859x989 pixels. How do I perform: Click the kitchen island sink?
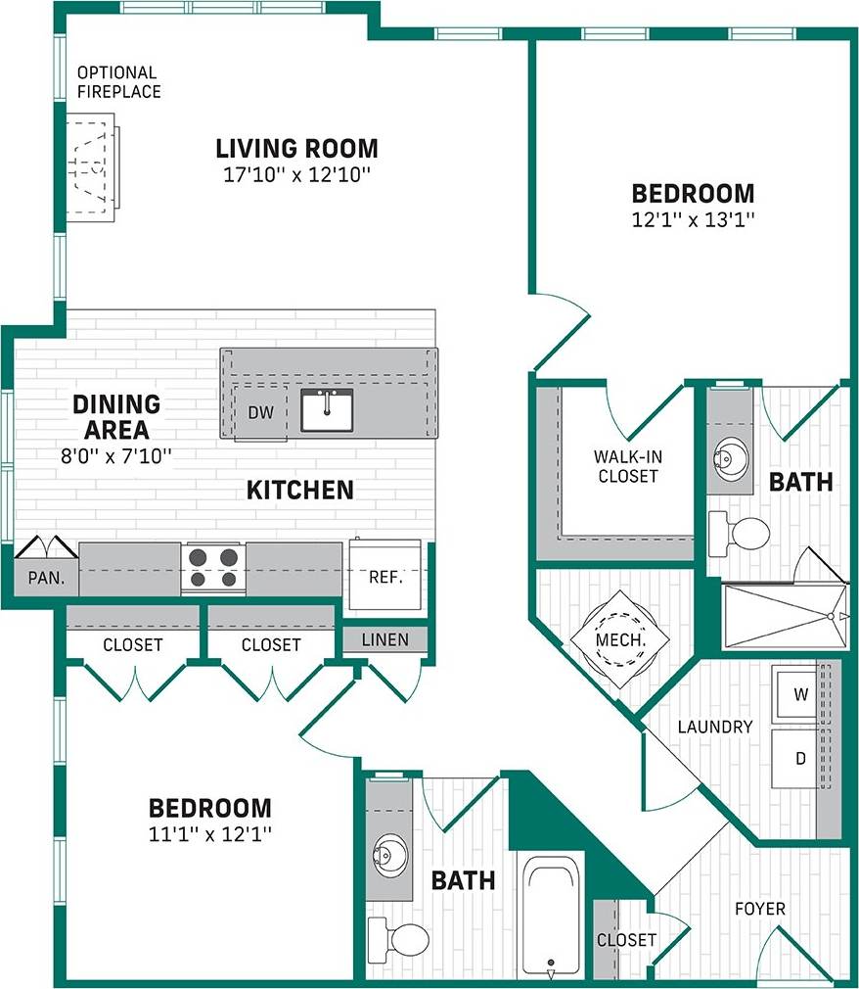[x=327, y=410]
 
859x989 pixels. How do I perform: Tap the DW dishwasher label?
[x=260, y=413]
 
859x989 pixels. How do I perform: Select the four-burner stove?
[x=213, y=568]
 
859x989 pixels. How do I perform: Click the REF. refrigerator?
[x=385, y=576]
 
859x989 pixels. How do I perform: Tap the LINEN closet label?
[x=384, y=640]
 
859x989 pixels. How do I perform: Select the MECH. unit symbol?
[x=620, y=641]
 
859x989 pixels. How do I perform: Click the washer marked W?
[x=800, y=695]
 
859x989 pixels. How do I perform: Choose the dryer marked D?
[x=800, y=758]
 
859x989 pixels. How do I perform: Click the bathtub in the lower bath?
[x=552, y=917]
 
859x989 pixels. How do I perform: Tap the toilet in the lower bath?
[x=398, y=938]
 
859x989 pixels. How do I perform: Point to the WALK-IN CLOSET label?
[x=626, y=466]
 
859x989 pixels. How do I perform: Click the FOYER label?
[x=760, y=909]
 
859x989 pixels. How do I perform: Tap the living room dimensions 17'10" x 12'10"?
[x=296, y=174]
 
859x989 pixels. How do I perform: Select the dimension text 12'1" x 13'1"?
[x=693, y=219]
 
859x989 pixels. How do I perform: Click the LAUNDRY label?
[x=715, y=727]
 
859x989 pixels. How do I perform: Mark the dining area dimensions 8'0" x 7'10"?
[x=115, y=454]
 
